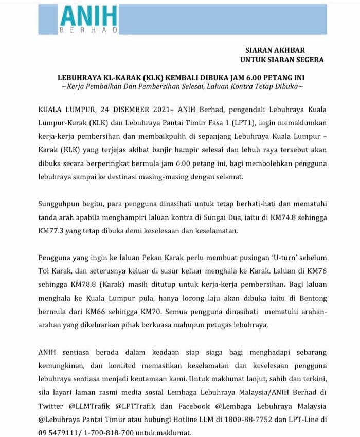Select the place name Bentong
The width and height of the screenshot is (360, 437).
click(x=310, y=298)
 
